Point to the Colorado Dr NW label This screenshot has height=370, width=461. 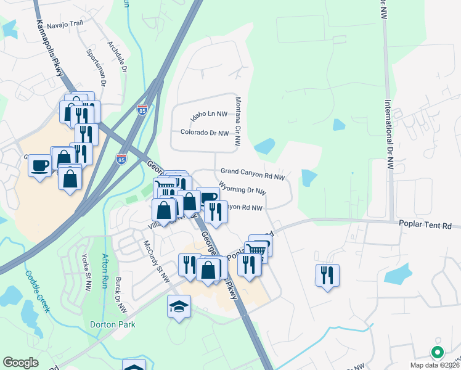[205, 133]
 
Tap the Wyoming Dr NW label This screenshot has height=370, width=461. [242, 191]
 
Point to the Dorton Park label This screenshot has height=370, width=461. [112, 324]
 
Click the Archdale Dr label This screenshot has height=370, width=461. [117, 58]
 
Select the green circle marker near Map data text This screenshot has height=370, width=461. [438, 353]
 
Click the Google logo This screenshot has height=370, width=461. [20, 363]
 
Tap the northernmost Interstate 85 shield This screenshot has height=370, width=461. [142, 110]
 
